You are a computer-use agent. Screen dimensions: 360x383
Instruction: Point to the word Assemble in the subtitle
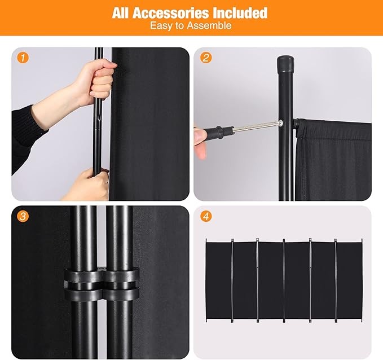coord(212,26)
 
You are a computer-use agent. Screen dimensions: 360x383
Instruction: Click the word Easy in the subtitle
coord(161,26)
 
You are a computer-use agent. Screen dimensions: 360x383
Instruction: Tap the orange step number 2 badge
coord(205,57)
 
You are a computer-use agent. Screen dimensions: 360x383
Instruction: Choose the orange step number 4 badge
coord(205,215)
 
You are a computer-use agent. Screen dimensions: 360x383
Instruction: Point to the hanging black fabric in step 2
coord(333,164)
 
